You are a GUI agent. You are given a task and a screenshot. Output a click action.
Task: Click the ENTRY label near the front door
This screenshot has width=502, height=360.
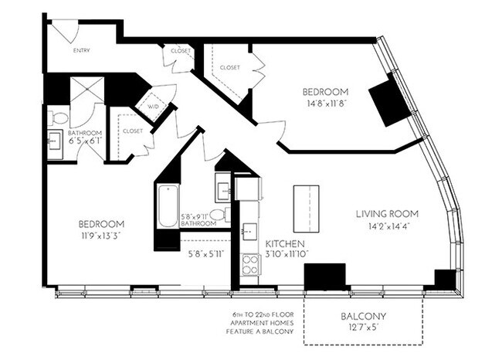pyautogui.click(x=81, y=51)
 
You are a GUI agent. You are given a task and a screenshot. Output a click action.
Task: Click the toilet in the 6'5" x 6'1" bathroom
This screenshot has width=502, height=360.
pyautogui.click(x=59, y=118)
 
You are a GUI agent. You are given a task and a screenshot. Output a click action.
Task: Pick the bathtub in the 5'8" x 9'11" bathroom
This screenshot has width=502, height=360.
pyautogui.click(x=168, y=206)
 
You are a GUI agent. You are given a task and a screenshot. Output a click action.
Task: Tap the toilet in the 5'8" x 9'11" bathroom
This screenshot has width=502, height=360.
pyautogui.click(x=219, y=214)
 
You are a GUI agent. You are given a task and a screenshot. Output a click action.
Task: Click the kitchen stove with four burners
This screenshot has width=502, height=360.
pyautogui.click(x=251, y=264)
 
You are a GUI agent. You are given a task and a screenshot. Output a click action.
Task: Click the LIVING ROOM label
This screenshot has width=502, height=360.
pyautogui.click(x=387, y=213)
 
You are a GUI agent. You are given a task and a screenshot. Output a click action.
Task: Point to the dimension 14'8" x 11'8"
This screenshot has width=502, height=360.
pyautogui.click(x=324, y=104)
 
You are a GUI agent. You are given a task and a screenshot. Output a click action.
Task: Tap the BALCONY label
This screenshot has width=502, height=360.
pyautogui.click(x=363, y=317)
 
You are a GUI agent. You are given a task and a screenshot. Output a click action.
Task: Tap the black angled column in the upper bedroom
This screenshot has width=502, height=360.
pyautogui.click(x=390, y=101)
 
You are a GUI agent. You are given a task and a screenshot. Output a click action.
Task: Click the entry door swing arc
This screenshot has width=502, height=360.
pyautogui.click(x=66, y=31)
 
